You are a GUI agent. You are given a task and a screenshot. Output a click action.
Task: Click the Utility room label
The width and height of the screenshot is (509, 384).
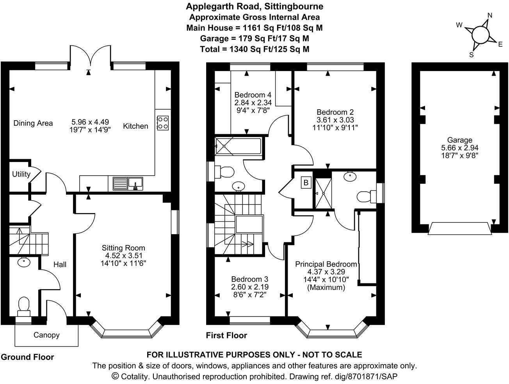point(21,174)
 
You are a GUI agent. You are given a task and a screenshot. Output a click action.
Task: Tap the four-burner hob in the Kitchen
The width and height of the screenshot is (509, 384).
point(163,123)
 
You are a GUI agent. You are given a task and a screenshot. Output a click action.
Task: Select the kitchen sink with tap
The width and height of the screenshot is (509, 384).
point(128,184)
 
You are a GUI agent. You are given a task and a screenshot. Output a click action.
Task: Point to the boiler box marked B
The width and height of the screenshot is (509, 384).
point(306,183)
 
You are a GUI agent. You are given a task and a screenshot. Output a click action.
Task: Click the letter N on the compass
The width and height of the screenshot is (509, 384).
point(490,15)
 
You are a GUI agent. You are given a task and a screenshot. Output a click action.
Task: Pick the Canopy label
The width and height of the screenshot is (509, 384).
point(46,335)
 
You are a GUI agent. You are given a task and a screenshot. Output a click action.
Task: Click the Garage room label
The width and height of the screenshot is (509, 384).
point(459,140)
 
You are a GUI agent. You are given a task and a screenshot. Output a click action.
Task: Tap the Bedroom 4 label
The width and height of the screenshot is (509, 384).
point(253,95)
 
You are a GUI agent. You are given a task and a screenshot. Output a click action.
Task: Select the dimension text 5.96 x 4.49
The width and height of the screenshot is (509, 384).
point(90,122)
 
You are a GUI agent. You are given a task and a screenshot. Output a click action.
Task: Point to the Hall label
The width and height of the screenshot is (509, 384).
point(60,265)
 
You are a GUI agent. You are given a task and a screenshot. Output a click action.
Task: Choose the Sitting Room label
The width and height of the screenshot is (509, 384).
point(123,248)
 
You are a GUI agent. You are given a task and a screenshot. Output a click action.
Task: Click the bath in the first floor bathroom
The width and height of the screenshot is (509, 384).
point(238,146)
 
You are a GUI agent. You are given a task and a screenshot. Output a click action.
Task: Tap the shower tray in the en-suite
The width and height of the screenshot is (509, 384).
point(323,193)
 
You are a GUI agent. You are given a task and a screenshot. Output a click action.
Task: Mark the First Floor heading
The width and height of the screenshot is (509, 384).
point(226,335)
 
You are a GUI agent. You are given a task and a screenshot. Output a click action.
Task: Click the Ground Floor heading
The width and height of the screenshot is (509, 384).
point(27,357)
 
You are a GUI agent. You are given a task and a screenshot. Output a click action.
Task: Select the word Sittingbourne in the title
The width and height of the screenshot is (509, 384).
point(294,7)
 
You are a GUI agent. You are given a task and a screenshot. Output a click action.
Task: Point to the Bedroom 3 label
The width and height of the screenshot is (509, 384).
point(250,279)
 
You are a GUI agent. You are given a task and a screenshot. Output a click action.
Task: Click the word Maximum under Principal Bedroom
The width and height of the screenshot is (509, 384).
point(326,288)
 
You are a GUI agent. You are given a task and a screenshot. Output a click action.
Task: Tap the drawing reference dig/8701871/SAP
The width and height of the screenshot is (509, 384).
point(366,376)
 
